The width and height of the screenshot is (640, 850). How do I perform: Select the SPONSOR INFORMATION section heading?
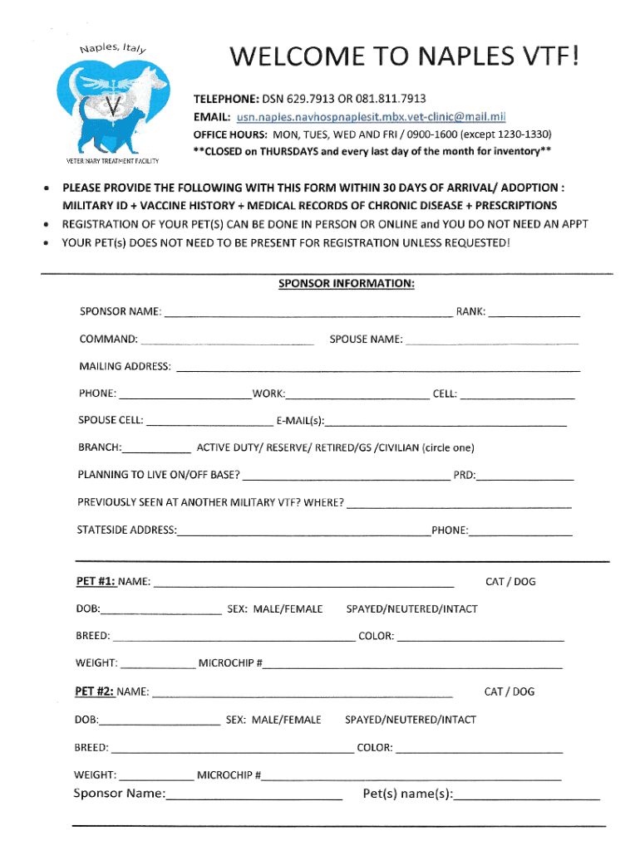coord(346,283)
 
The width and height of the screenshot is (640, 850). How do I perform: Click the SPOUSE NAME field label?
coord(366,340)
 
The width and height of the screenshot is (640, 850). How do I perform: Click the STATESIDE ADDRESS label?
coord(126,530)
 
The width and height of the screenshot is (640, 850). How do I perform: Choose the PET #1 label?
coord(95,582)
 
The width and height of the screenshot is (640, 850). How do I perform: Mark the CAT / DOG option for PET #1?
coord(510,581)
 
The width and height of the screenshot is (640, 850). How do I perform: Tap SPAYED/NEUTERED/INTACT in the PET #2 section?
coord(411,719)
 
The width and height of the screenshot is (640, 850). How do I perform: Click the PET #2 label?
coord(95,691)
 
